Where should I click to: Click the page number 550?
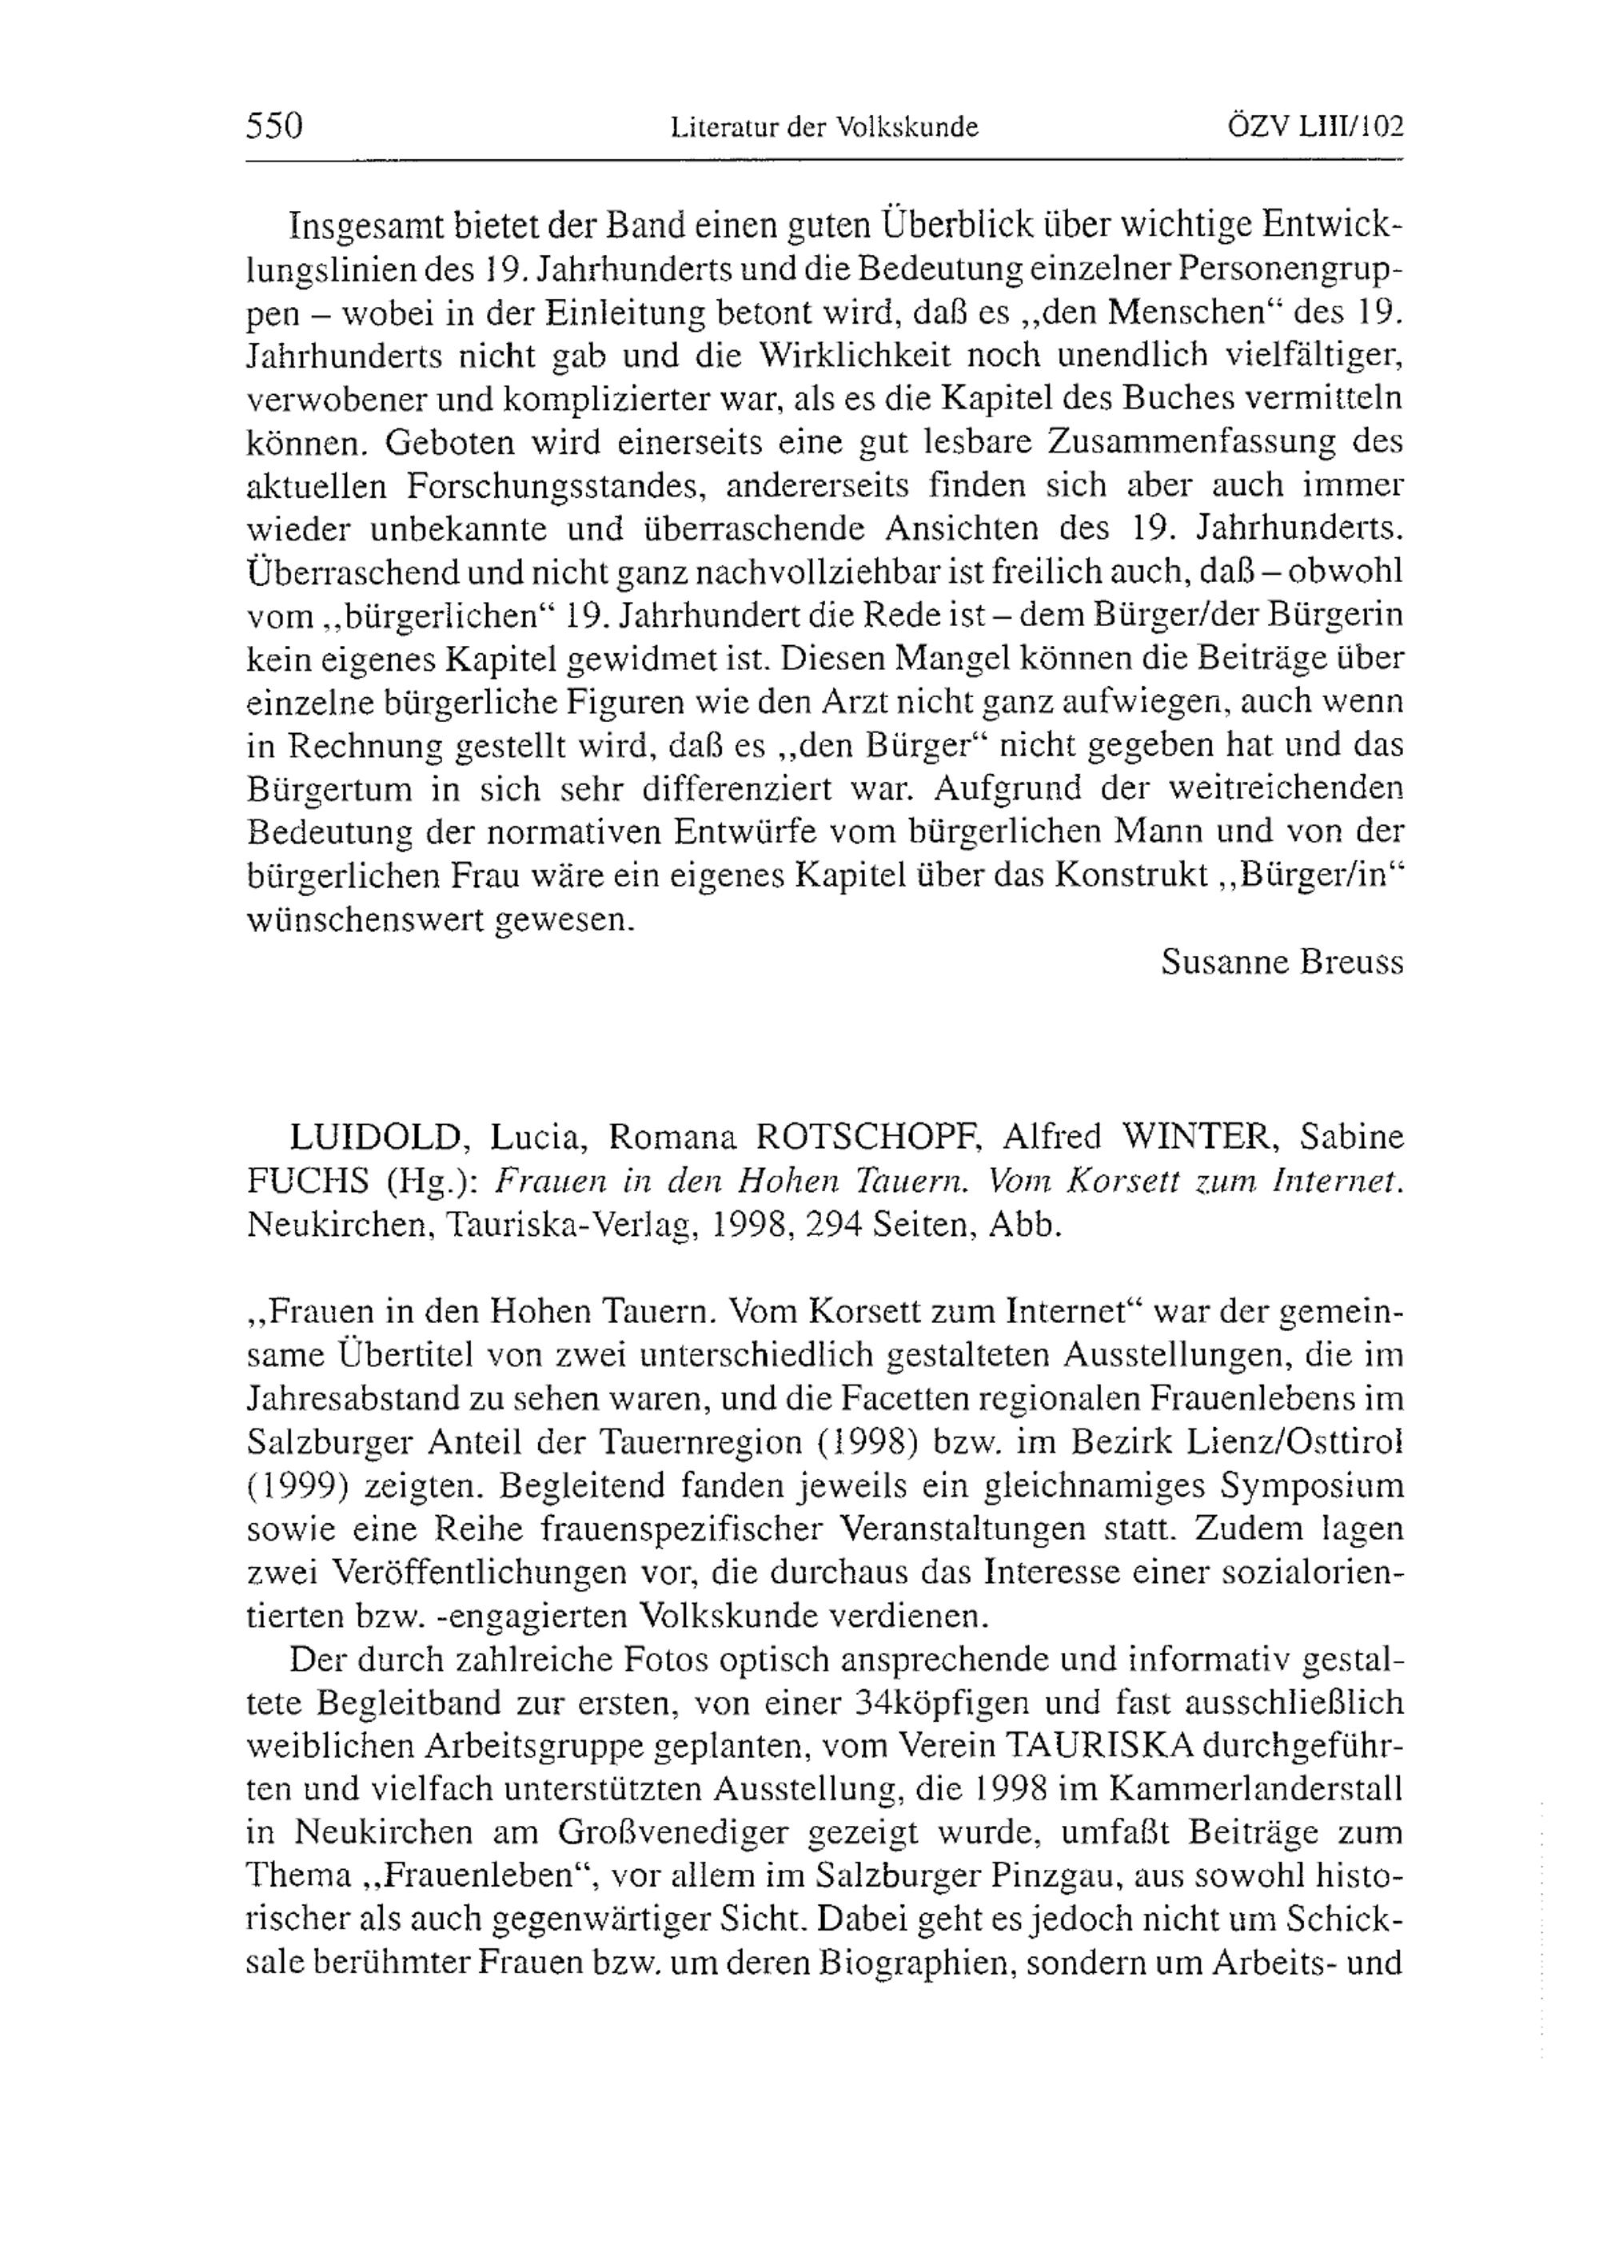coord(273,127)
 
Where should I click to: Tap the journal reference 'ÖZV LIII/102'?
coord(1315,127)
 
